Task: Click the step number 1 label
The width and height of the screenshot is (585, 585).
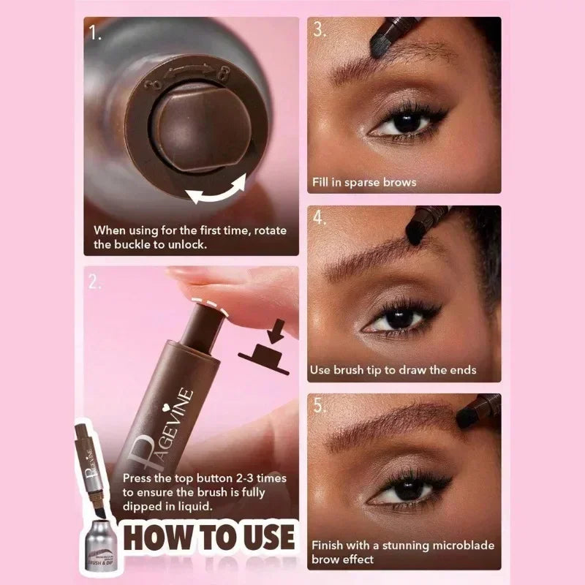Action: (x=94, y=33)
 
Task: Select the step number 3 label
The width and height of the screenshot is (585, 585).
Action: (x=319, y=30)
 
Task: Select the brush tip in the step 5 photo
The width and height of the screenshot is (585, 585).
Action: (x=468, y=416)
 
